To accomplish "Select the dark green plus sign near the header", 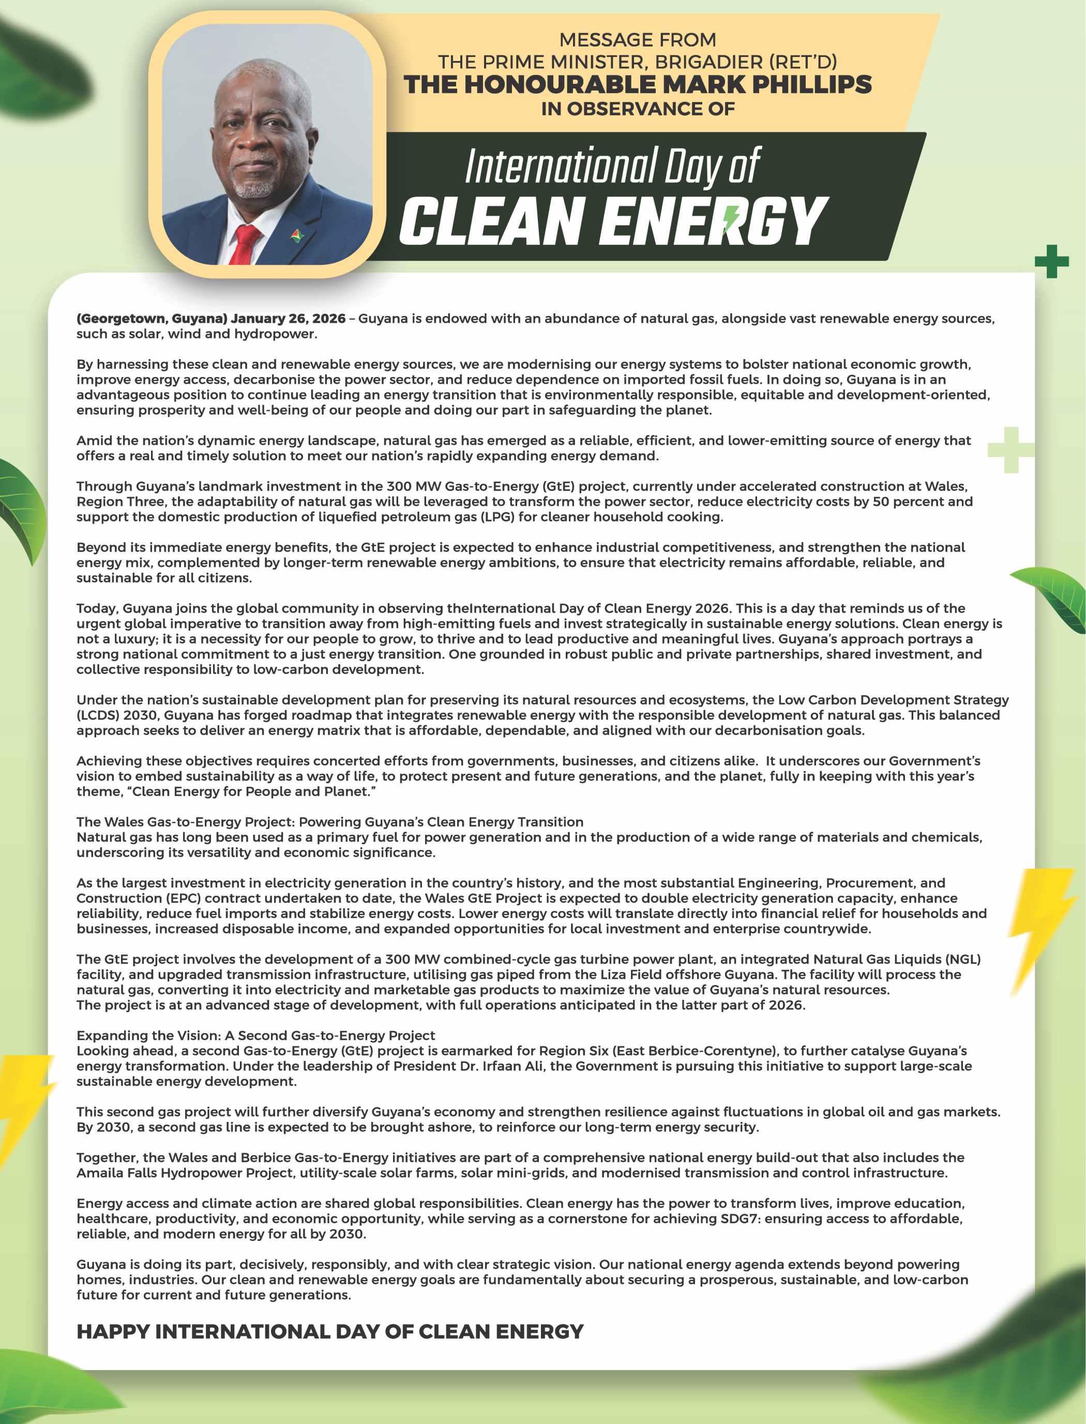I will click(x=1050, y=262).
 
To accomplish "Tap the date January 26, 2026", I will click(x=288, y=319).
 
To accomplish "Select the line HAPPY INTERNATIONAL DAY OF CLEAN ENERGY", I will click(x=330, y=1331).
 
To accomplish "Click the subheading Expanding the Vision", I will click(x=256, y=1036).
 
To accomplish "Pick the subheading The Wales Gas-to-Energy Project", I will click(x=330, y=821).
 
